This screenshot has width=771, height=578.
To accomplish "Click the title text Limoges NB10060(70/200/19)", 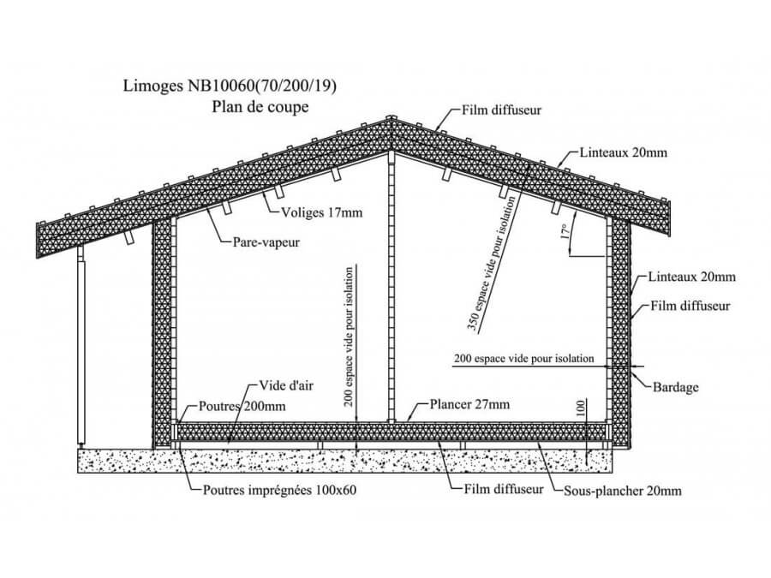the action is pyautogui.click(x=230, y=86).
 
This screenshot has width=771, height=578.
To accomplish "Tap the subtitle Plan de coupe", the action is pyautogui.click(x=260, y=107).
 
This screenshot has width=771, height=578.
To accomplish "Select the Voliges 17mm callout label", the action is pyautogui.click(x=321, y=212).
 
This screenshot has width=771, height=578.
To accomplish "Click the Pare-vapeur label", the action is pyautogui.click(x=266, y=242).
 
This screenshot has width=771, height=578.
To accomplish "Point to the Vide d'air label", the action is pyautogui.click(x=285, y=386).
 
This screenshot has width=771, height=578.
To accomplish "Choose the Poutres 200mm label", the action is pyautogui.click(x=242, y=407).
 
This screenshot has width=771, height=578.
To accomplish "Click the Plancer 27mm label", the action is pyautogui.click(x=469, y=404).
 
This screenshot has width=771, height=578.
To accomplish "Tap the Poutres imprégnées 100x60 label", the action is pyautogui.click(x=280, y=491).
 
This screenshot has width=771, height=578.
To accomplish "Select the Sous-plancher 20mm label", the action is pyautogui.click(x=623, y=491).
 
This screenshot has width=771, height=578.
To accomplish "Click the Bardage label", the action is pyautogui.click(x=676, y=387).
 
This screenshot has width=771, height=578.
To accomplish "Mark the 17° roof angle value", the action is pyautogui.click(x=565, y=232).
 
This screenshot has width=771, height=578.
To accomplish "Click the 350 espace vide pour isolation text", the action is pyautogui.click(x=493, y=263).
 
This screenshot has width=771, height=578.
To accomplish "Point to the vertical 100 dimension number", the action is pyautogui.click(x=580, y=410).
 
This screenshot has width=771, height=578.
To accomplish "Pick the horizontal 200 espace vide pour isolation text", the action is pyautogui.click(x=523, y=359).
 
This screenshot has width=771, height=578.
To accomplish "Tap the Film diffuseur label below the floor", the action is pyautogui.click(x=504, y=490).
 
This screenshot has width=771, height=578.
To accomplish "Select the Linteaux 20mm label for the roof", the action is pyautogui.click(x=623, y=153).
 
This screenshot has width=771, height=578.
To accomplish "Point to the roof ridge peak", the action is pyautogui.click(x=391, y=117).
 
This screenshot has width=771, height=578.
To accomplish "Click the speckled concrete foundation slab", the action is pyautogui.click(x=345, y=461).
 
